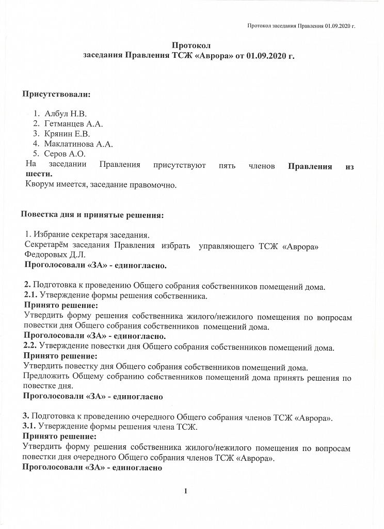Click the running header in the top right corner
301,25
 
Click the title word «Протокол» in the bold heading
191,46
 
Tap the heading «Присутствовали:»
56,95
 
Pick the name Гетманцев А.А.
74,124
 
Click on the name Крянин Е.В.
67,134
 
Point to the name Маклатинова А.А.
78,144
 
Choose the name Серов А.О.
65,153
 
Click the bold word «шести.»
39,174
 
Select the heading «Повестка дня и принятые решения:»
92,214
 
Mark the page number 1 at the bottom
185,491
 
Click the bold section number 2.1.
31,296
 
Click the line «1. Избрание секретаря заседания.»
87,235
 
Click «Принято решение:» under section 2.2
60,356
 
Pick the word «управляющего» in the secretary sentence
226,245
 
